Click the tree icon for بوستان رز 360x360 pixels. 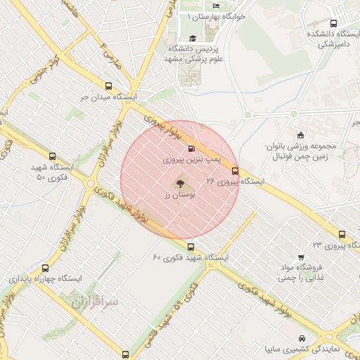tap(180, 181)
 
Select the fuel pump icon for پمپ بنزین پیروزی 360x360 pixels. tap(191, 148)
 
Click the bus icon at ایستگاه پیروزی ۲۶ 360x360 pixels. tap(235, 170)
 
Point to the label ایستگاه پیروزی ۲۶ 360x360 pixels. tap(236, 181)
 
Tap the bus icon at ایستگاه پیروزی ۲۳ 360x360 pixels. tap(342, 234)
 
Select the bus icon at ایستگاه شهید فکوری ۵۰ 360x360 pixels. tap(52, 157)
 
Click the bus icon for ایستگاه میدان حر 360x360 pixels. tap(108, 85)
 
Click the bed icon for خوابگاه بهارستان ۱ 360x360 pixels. tap(216, 6)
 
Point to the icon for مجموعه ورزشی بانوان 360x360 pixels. tap(302, 135)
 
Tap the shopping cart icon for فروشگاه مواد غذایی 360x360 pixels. tap(301, 257)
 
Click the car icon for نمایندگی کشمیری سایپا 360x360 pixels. tap(302, 337)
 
